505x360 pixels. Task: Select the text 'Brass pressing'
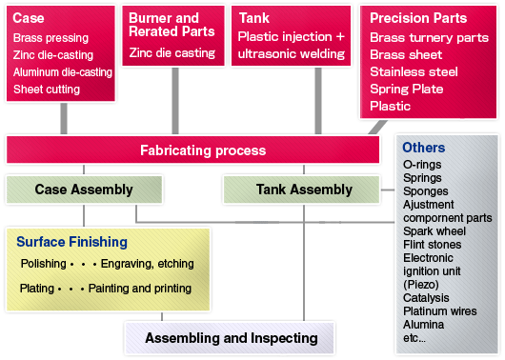(50, 38)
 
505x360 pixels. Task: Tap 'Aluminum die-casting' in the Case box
(63, 72)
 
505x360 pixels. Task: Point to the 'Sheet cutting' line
(47, 90)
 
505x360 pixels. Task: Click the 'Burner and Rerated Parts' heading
(164, 26)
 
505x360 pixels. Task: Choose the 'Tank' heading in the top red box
(255, 18)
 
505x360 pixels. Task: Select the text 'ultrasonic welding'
(292, 53)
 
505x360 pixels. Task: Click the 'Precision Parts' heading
(418, 18)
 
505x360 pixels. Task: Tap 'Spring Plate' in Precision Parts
(406, 89)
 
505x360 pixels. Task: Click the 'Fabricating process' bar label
(203, 150)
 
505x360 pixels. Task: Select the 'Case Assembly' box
(84, 190)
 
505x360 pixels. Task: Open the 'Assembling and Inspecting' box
(231, 338)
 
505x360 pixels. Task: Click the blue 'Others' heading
(423, 148)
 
